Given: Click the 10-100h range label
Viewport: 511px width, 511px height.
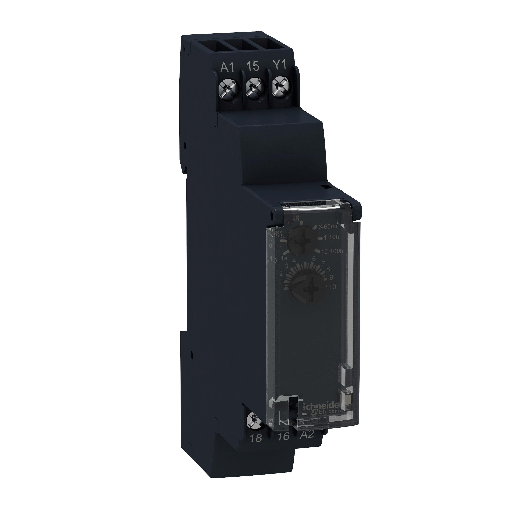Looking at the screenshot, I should coord(332,251).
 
